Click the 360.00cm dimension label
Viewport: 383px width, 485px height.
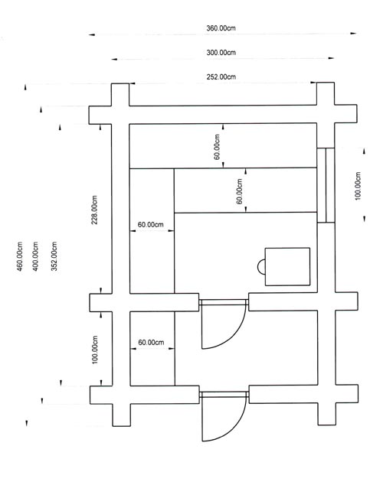click(x=221, y=28)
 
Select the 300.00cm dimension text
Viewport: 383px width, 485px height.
click(x=221, y=53)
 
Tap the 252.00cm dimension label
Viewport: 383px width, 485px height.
click(x=221, y=76)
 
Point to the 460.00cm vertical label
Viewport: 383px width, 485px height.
click(x=19, y=256)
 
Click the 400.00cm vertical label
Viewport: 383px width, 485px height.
click(x=35, y=256)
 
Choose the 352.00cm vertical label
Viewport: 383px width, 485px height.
click(x=54, y=256)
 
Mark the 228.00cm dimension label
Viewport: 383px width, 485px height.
click(x=95, y=210)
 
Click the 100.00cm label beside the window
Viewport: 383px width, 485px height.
click(x=358, y=186)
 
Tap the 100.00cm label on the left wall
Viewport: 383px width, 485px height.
click(x=95, y=350)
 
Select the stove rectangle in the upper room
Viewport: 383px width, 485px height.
click(x=287, y=266)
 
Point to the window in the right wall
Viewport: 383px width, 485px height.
click(x=326, y=185)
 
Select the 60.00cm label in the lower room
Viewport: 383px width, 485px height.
click(x=151, y=343)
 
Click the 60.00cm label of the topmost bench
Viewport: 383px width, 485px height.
click(x=217, y=147)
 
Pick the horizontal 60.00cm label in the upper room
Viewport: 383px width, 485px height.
click(x=150, y=225)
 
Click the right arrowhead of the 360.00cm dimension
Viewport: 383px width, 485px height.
click(x=354, y=34)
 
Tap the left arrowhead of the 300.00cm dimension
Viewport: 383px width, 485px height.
click(x=115, y=59)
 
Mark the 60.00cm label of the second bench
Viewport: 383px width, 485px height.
click(x=239, y=191)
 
